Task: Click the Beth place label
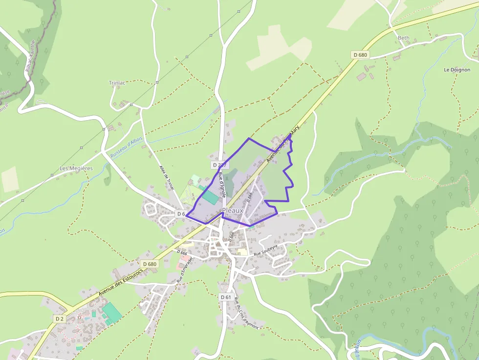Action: pos(403,38)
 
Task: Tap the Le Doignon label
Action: pos(457,70)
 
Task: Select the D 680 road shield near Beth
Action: pos(360,55)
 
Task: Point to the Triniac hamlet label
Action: pos(117,83)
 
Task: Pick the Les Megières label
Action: pos(76,169)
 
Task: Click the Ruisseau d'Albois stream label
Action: pos(126,147)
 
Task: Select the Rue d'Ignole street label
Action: pos(222,184)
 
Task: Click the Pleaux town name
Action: pos(232,211)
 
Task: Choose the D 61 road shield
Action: pos(225,297)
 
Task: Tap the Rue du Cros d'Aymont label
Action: pos(245,313)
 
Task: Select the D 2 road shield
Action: pos(59,318)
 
